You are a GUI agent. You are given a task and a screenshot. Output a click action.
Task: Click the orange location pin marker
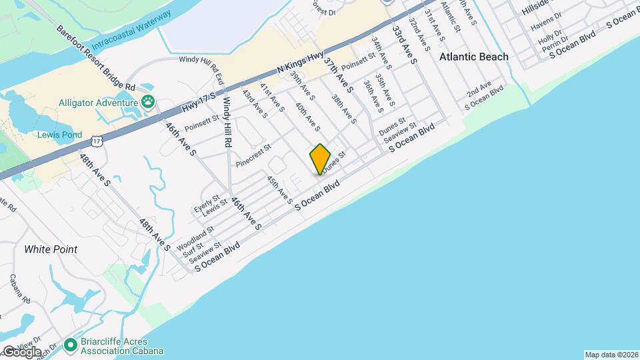[320, 159]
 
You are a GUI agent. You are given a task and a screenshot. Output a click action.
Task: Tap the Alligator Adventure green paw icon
[147, 102]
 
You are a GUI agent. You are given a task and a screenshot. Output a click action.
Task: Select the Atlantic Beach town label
[473, 57]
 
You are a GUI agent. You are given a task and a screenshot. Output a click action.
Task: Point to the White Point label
[51, 249]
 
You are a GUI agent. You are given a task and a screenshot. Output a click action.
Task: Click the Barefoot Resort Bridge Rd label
[96, 59]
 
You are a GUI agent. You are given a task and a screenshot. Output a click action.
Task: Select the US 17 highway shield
[97, 140]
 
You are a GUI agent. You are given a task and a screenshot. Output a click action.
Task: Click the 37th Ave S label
[338, 74]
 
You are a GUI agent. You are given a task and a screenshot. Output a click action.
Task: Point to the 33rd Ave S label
[404, 45]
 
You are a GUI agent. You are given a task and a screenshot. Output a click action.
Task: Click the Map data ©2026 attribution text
[609, 355]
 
